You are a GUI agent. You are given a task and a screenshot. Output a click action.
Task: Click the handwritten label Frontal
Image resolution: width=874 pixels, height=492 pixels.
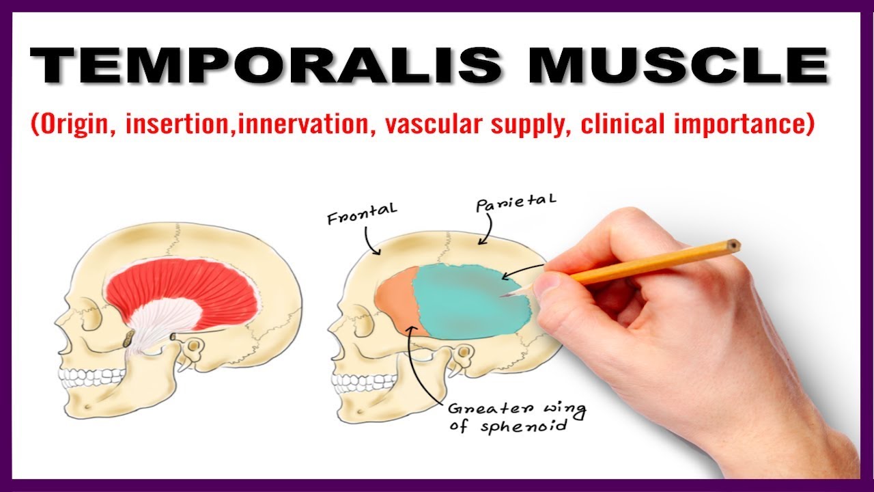coord(362,215)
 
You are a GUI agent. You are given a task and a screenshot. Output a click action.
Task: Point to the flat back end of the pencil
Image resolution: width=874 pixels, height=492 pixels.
coord(734,245)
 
